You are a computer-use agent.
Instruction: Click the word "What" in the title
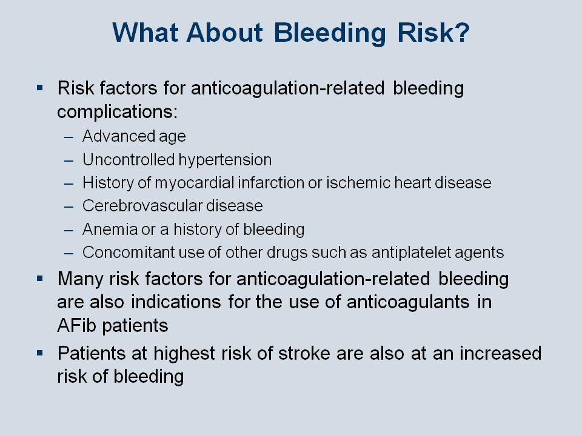(145, 32)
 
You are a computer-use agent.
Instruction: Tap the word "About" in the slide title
(225, 32)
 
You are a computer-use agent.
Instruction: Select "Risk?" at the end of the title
(433, 32)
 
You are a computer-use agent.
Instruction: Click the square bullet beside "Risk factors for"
(40, 88)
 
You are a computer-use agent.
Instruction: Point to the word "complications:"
(117, 112)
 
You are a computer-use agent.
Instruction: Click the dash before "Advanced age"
(69, 137)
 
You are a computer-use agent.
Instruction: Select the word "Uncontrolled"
(129, 159)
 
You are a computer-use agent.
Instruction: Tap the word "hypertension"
(225, 160)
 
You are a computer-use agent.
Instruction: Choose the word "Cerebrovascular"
(142, 205)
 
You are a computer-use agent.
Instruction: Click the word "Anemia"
(110, 229)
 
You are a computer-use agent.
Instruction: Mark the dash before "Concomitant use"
(69, 254)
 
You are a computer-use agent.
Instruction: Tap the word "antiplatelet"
(411, 253)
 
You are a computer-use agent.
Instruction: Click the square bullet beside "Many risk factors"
(40, 279)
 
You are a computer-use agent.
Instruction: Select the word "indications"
(176, 302)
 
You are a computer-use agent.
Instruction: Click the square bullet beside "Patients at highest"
(40, 353)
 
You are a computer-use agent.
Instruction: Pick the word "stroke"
(304, 353)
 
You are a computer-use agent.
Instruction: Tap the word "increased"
(500, 353)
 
